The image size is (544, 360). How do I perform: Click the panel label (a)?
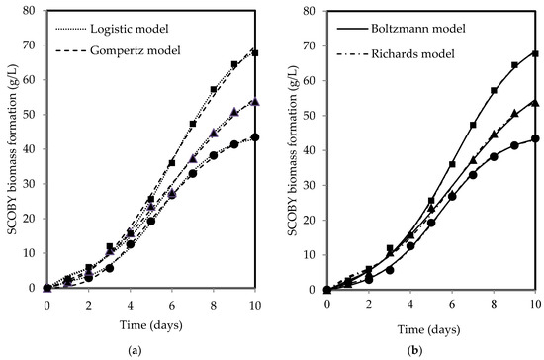click(x=151, y=351)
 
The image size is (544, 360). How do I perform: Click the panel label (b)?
click(x=432, y=351)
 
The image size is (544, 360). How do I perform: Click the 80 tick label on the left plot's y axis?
click(x=32, y=10)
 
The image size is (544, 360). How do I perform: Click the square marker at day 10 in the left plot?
click(x=255, y=52)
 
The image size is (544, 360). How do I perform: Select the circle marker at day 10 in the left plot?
click(x=255, y=137)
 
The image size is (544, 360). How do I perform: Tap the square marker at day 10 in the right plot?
click(x=535, y=53)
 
